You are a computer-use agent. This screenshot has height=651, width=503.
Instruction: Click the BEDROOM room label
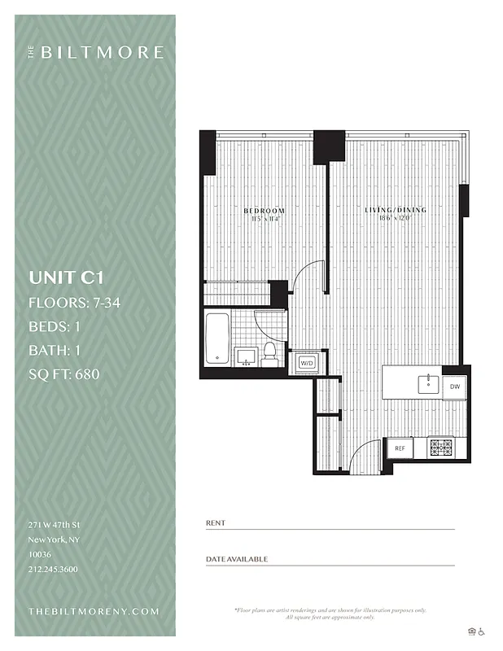point(265,212)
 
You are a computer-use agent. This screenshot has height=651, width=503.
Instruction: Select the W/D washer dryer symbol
point(308,363)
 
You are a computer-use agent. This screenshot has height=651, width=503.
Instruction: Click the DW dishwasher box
point(455,387)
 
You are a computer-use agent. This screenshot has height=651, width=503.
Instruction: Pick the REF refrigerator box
point(400,448)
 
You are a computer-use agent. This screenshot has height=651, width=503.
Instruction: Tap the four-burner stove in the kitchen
point(440,447)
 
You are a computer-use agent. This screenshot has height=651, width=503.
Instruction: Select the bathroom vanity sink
point(245,355)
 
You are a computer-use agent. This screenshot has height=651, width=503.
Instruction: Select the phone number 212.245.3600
point(53,570)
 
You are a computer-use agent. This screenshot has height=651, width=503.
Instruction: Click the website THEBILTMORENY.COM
point(94,611)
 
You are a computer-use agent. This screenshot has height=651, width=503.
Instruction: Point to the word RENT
point(216,523)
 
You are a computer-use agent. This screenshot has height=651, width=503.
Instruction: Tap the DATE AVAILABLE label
point(237,559)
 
